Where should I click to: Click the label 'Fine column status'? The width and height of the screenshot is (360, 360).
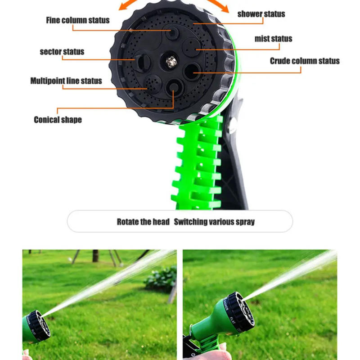[77, 20]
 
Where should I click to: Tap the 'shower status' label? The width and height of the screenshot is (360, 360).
[261, 14]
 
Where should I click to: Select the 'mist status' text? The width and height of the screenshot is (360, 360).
[273, 39]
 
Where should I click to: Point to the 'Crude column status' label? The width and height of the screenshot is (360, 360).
[305, 61]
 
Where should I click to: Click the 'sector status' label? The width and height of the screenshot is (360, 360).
[62, 52]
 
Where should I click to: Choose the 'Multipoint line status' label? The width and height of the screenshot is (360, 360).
[66, 81]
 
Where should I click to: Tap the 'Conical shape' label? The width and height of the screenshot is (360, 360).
[58, 120]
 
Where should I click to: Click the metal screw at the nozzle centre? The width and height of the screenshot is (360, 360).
[171, 61]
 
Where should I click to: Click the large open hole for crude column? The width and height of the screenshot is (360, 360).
[192, 71]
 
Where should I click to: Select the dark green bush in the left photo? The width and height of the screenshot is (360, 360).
[161, 278]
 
